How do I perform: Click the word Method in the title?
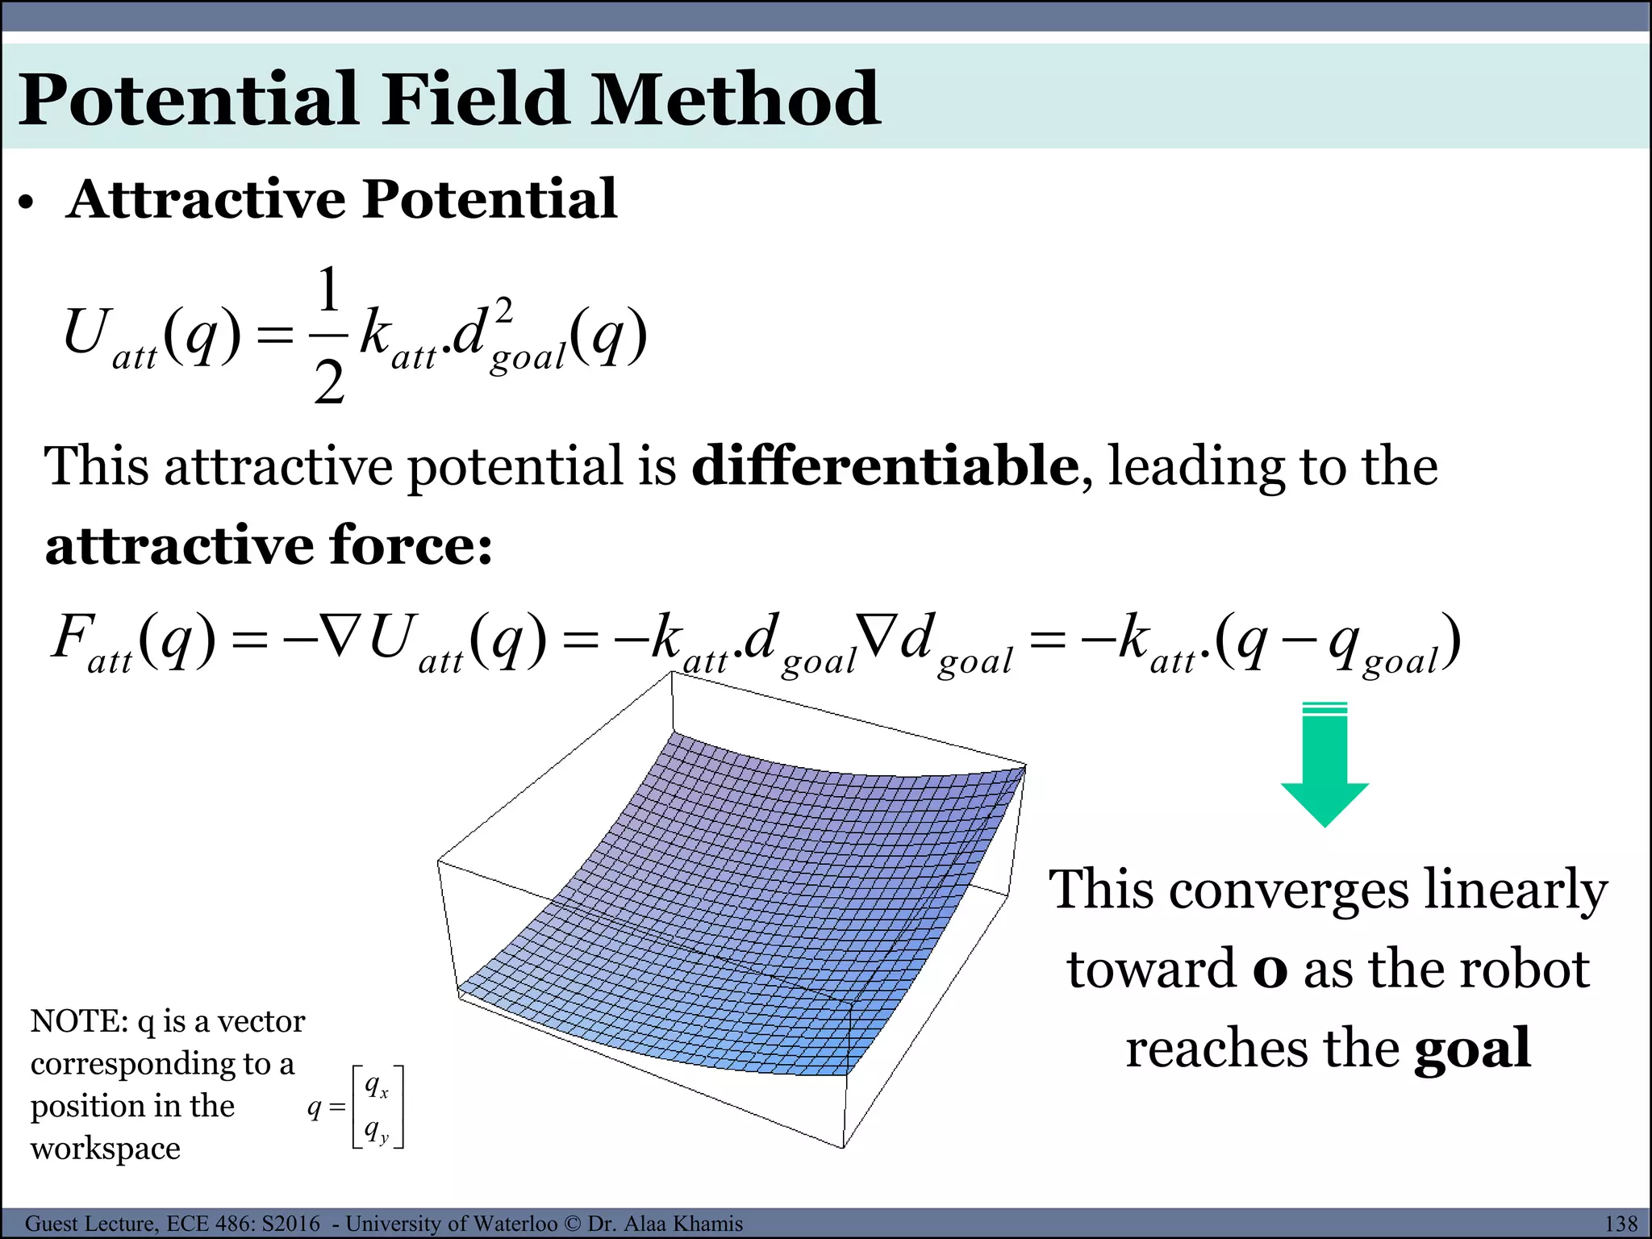click(734, 100)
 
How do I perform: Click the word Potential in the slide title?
click(189, 100)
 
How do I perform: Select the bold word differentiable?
click(885, 466)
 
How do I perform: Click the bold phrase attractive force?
click(269, 546)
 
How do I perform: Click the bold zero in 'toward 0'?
click(1270, 970)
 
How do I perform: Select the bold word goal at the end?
click(1472, 1049)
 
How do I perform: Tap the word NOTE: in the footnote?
click(79, 1022)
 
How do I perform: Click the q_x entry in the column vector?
click(376, 1087)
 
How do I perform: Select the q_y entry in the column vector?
click(376, 1131)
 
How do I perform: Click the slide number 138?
click(1621, 1224)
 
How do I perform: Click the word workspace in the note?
click(106, 1148)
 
